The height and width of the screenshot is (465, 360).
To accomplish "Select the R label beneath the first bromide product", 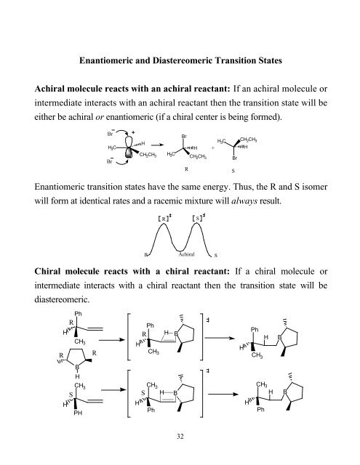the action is pos(187,169).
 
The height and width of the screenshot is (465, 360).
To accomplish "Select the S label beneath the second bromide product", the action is pos(234,170).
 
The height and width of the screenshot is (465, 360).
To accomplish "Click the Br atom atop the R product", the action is pos(185,135).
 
